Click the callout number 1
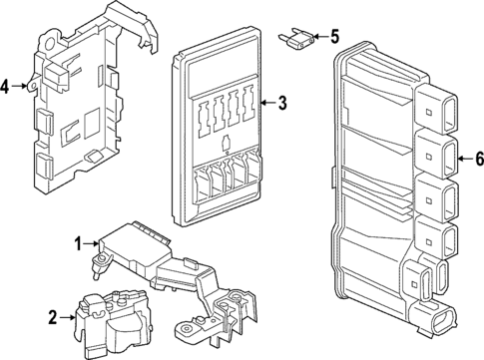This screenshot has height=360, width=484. [76, 241]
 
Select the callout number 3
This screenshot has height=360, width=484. [282, 102]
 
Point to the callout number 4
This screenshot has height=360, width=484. [7, 87]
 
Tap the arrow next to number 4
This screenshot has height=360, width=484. [21, 87]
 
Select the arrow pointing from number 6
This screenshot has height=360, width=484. [463, 158]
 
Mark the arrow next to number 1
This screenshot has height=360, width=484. [89, 241]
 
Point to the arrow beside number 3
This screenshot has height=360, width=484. [267, 102]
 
